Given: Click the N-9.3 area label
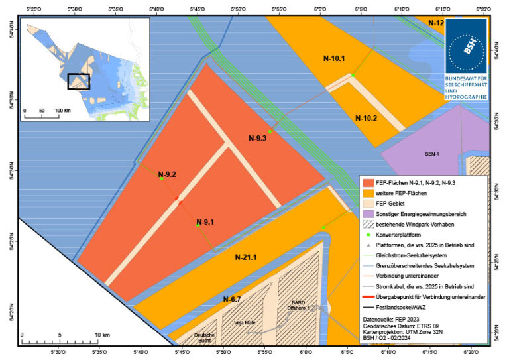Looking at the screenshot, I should [258, 139].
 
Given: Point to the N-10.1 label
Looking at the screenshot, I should [334, 58].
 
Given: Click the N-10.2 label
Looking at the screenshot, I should [366, 119].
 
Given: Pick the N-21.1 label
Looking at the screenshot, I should [243, 257].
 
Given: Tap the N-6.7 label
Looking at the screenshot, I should [231, 300].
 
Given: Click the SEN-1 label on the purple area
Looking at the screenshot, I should [433, 154].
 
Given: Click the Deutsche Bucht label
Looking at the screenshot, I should [205, 338].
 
